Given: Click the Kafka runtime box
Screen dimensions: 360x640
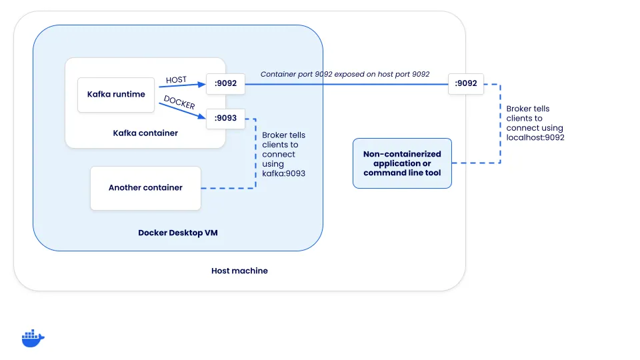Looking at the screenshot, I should click(x=116, y=94).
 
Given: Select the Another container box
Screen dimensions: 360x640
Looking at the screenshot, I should click(x=145, y=188).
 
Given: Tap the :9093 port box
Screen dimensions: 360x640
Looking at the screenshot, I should click(x=226, y=119).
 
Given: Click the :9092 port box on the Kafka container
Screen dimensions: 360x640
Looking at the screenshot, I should click(x=226, y=84).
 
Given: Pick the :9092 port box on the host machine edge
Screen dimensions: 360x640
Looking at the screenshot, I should click(x=466, y=83).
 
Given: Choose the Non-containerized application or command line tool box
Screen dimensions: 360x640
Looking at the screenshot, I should click(x=402, y=163).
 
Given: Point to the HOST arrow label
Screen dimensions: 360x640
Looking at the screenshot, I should click(x=176, y=80).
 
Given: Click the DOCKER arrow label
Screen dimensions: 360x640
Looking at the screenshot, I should click(x=179, y=105).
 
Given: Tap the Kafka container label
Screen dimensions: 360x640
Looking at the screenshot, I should click(x=145, y=133).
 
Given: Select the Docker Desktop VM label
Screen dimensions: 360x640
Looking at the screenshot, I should click(x=178, y=233).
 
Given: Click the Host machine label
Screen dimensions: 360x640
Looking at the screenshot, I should click(x=239, y=271).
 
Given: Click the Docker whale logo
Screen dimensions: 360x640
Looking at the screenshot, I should click(x=33, y=338).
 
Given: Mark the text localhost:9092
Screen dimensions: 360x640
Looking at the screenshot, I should click(x=535, y=137).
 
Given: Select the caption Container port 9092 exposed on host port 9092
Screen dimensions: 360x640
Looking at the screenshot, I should click(x=345, y=75).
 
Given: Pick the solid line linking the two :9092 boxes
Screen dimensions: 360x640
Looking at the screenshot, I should click(x=347, y=84).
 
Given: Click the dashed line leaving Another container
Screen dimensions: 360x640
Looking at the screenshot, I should click(x=227, y=188).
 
